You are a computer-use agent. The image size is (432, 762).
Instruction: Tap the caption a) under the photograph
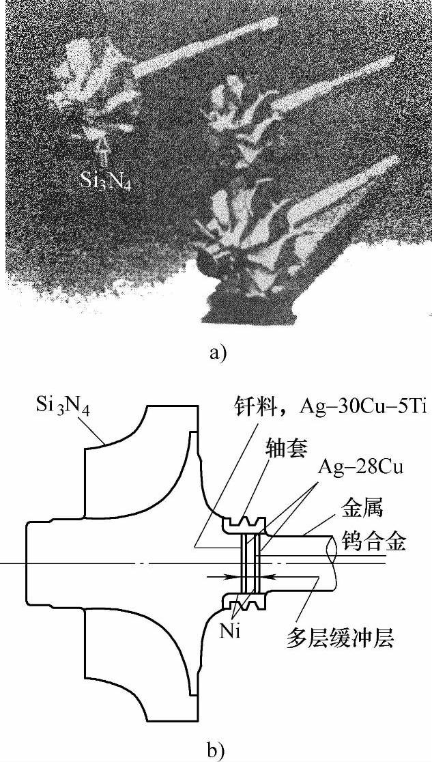[x=215, y=352]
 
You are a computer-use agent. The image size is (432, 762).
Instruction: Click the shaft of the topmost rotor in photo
[x=205, y=48]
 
